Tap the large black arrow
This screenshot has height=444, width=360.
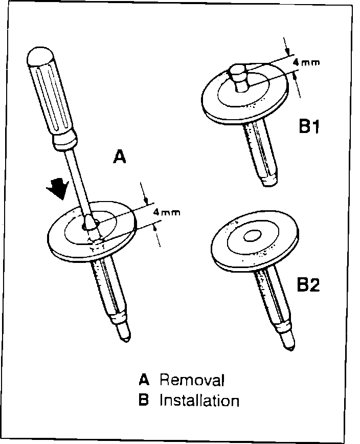point(58,188)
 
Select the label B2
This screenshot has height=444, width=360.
point(308,284)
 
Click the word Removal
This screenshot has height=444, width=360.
point(192,380)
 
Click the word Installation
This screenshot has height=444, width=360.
point(199,400)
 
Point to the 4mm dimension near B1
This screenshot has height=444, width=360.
point(304,63)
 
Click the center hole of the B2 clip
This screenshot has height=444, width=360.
point(252,236)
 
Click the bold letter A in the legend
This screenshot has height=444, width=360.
point(145,380)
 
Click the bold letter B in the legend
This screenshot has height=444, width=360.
point(144,400)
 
